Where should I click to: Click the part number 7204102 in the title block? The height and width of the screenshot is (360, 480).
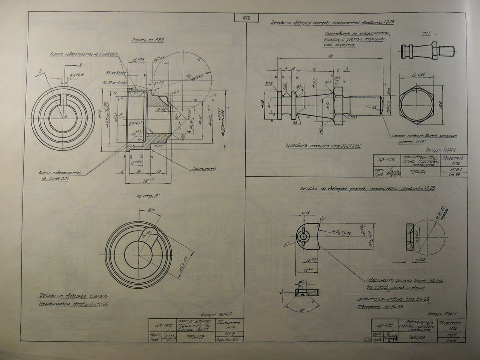point(195,337)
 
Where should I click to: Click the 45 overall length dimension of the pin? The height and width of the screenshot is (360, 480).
point(330,57)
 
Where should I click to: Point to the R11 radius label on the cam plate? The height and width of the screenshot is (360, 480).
point(286,244)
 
